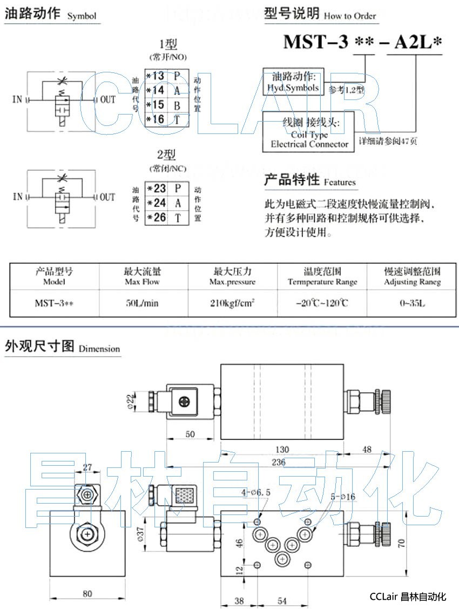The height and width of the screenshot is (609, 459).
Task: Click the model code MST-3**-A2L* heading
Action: pyautogui.click(x=362, y=42)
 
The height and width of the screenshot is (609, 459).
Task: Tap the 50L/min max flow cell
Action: pyautogui.click(x=142, y=303)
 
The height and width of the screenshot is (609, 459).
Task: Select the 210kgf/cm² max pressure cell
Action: pyautogui.click(x=232, y=303)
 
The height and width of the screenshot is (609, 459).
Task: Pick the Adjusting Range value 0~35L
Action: pyautogui.click(x=412, y=303)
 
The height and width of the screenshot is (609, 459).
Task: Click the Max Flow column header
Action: pyautogui.click(x=142, y=276)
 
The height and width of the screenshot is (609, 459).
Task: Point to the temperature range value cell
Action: pyautogui.click(x=322, y=303)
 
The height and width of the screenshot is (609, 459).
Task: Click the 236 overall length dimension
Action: pyautogui.click(x=278, y=461)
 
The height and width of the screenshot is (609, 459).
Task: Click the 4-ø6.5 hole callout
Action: pyautogui.click(x=256, y=493)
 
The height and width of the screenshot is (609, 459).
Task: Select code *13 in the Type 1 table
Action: pyautogui.click(x=156, y=76)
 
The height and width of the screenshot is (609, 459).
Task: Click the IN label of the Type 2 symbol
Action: pyautogui.click(x=18, y=197)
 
